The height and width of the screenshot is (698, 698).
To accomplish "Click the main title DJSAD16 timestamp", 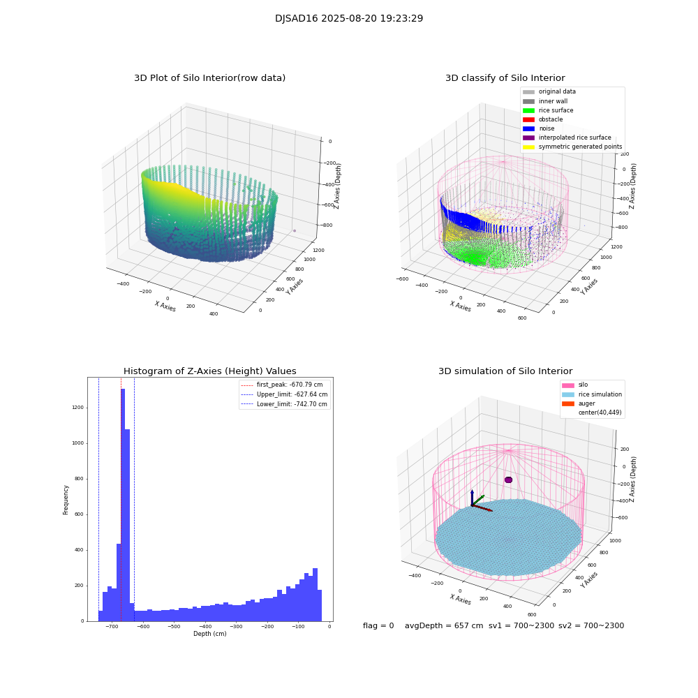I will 349,19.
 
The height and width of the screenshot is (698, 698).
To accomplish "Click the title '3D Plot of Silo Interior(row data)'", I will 209,78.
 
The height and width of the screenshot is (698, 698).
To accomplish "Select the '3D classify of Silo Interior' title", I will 505,78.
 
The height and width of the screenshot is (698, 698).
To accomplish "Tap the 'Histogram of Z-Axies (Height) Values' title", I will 209,371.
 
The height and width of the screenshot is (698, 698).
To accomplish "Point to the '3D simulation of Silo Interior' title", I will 505,371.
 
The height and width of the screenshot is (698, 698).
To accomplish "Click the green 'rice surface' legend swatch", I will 528,110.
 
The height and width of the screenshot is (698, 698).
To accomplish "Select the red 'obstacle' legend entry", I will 550,119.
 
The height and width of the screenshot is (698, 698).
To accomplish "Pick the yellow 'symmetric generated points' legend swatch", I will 528,147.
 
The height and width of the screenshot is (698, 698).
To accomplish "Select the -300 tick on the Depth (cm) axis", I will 237,627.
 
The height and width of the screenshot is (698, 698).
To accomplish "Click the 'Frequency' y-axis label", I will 66,500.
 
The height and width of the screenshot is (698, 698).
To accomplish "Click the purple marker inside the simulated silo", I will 508,480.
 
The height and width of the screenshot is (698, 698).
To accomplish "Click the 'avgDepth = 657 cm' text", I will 444,626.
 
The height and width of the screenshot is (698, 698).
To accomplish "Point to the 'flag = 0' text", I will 378,626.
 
